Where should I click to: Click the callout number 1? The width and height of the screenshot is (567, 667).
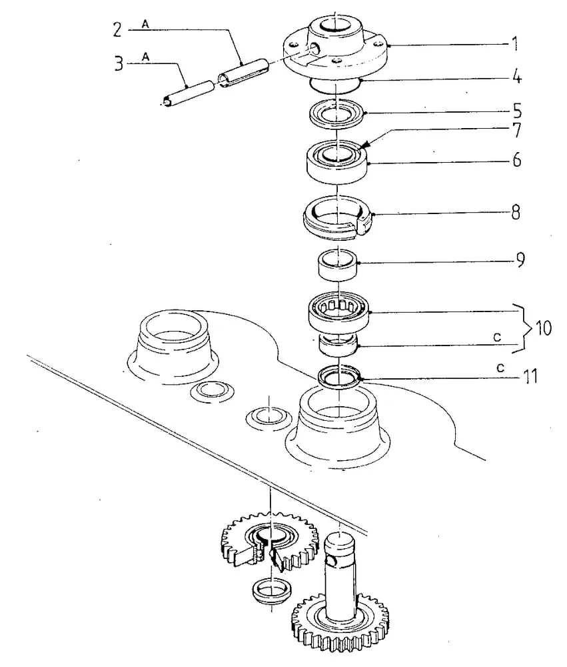click(x=515, y=44)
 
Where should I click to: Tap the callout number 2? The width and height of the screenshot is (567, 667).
click(x=117, y=30)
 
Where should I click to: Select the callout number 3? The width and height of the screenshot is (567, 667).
click(x=119, y=63)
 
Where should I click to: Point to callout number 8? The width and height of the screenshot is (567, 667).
click(x=516, y=212)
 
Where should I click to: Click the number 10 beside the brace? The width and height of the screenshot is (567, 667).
click(x=544, y=328)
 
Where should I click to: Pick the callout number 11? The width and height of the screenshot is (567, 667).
click(x=530, y=376)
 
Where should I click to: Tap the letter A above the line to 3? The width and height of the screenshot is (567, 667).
click(x=146, y=57)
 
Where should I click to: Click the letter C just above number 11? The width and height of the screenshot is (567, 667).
click(x=500, y=368)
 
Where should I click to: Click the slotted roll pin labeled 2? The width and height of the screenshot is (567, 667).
click(x=243, y=71)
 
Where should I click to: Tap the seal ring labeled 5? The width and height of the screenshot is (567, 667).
click(x=336, y=114)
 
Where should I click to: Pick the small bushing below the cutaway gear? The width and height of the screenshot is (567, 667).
click(x=271, y=590)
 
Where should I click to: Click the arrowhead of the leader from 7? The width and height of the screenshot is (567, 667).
click(x=363, y=147)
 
